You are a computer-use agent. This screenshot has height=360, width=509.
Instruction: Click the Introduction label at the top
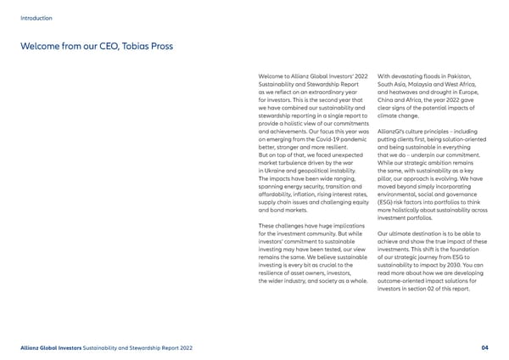click(x=36, y=17)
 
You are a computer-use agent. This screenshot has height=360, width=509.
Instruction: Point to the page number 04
click(x=484, y=346)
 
